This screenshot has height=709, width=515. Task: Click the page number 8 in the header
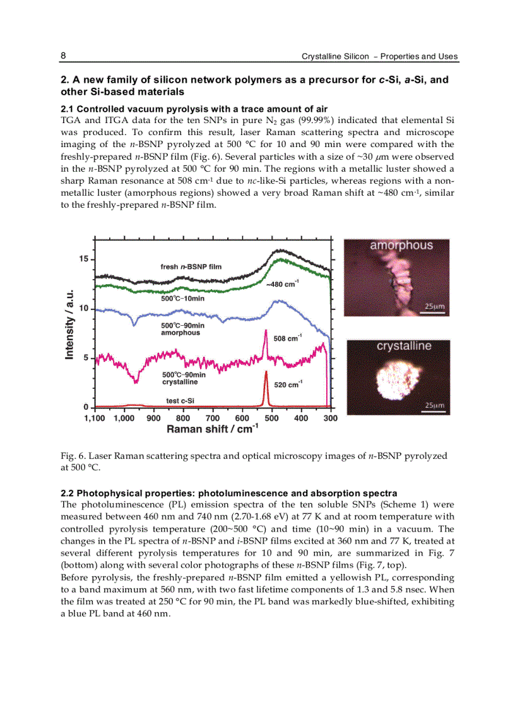(64, 56)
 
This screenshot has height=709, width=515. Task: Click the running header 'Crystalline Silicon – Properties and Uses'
(379, 57)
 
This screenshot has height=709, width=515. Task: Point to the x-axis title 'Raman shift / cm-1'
(212, 429)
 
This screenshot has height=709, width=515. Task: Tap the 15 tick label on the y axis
(83, 259)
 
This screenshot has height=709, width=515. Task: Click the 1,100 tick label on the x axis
(95, 418)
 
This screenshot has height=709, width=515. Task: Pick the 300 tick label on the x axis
(330, 418)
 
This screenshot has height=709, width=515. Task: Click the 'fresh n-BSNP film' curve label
(191, 266)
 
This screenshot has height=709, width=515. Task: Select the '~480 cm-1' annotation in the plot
(282, 284)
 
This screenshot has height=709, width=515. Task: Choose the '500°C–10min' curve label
(182, 298)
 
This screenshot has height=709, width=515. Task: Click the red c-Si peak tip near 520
(266, 372)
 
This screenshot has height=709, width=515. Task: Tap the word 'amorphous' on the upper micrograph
(401, 246)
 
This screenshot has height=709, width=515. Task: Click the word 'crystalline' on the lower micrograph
(404, 346)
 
